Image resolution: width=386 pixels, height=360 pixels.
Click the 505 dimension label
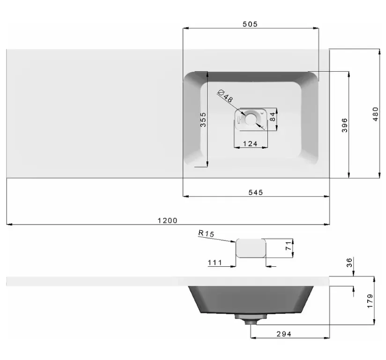(250, 24)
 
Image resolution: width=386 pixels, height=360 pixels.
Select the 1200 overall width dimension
(167, 220)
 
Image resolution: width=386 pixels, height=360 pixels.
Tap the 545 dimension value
(255, 192)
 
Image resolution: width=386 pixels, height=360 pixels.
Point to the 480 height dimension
(375, 114)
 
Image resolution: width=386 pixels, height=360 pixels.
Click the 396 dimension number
(345, 125)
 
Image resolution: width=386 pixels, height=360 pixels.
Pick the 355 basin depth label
(203, 120)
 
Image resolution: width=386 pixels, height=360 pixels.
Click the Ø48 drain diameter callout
(225, 96)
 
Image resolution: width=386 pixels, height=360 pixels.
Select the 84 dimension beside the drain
(272, 117)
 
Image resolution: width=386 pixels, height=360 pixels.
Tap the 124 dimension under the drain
(250, 143)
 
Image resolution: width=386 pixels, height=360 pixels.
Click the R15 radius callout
(206, 233)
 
